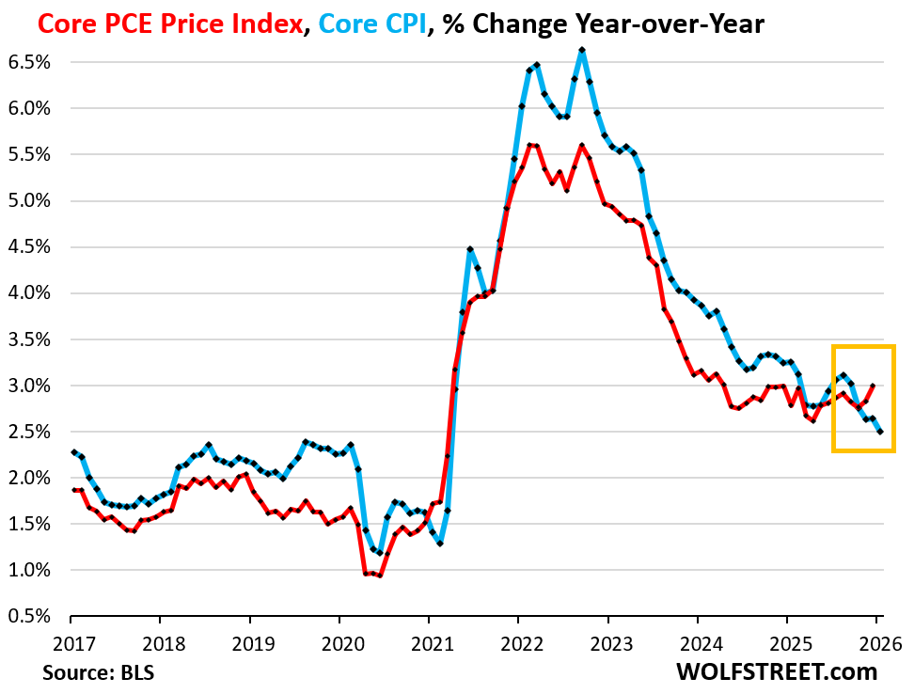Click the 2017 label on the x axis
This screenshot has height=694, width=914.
pyautogui.click(x=71, y=646)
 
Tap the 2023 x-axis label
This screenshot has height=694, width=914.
pyautogui.click(x=607, y=646)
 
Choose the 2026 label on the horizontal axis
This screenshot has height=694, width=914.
pyautogui.click(x=876, y=646)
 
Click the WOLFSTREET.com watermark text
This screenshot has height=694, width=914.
pyautogui.click(x=776, y=672)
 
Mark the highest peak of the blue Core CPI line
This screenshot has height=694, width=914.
pyautogui.click(x=582, y=50)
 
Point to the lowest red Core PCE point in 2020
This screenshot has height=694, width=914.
pyautogui.click(x=380, y=576)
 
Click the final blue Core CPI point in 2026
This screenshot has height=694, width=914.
pyautogui.click(x=880, y=432)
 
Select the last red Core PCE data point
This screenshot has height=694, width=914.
pyautogui.click(x=873, y=386)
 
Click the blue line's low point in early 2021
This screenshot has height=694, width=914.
pyautogui.click(x=440, y=544)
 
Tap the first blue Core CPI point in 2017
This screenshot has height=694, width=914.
pyautogui.click(x=73, y=452)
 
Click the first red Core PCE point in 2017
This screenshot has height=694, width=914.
pyautogui.click(x=73, y=490)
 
